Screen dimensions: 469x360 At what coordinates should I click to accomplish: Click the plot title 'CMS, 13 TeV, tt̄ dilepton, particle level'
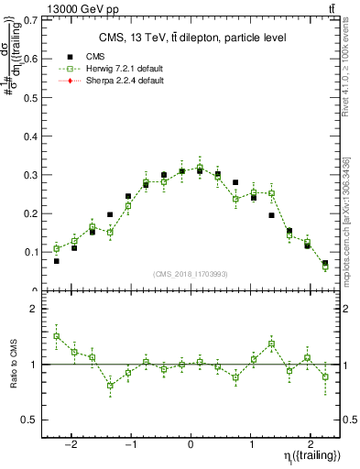pyautogui.click(x=191, y=37)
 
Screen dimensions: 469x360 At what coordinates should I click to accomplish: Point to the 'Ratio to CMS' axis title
pyautogui.click(x=12, y=365)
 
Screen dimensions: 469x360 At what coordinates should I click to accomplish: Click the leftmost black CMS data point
pyautogui.click(x=57, y=261)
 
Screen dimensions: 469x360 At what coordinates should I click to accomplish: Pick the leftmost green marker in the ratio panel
pyautogui.click(x=57, y=336)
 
